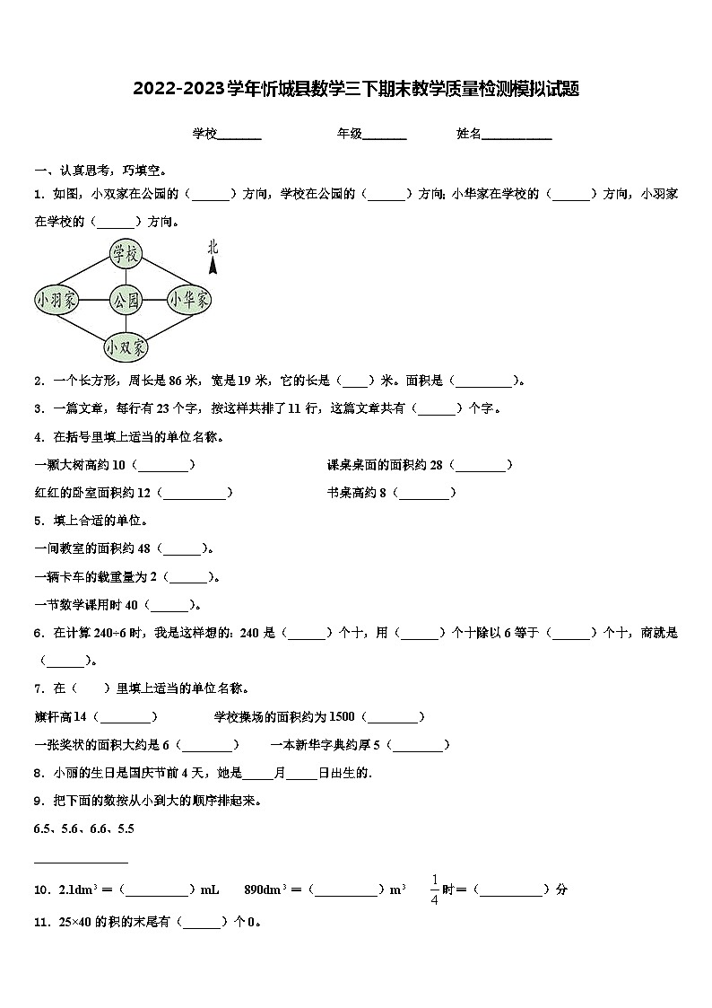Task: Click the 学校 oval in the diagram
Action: coord(126,254)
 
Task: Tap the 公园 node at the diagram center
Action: coord(126,300)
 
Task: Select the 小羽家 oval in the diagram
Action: coord(57,300)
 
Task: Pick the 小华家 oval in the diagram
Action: coord(189,299)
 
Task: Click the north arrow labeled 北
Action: coord(213,256)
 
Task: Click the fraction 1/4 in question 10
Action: coord(434,890)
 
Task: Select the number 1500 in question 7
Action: coord(343,716)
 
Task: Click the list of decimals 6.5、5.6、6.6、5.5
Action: coord(83,828)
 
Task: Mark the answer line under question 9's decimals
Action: coord(81,863)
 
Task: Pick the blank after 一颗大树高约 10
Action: coord(166,465)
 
